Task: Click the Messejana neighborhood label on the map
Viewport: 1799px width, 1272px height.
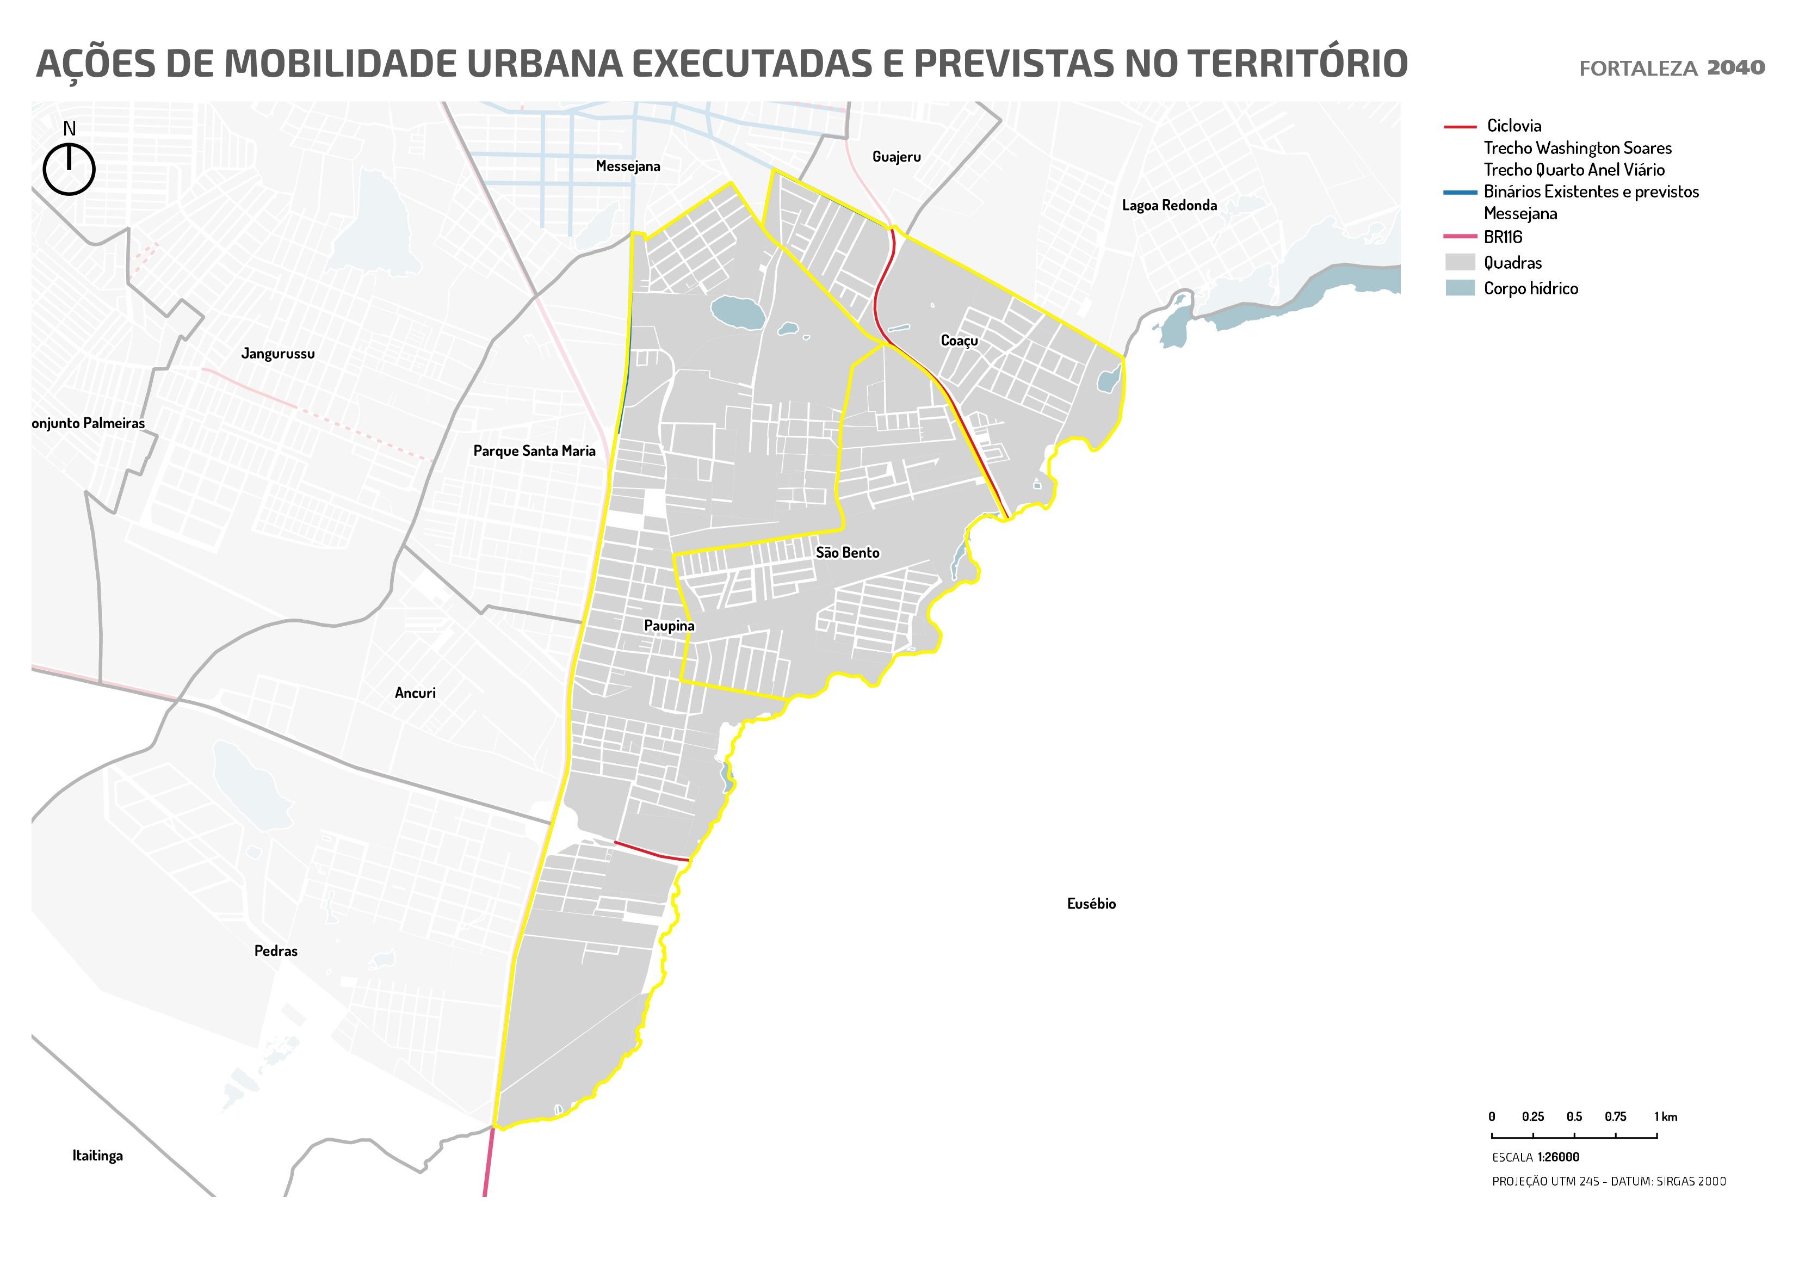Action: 628,166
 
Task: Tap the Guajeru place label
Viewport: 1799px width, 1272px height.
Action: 897,157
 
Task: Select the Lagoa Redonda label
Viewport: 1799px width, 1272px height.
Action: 1169,205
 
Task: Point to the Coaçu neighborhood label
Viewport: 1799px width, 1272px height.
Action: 959,341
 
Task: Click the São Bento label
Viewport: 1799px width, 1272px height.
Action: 847,553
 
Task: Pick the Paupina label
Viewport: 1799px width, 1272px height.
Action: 669,626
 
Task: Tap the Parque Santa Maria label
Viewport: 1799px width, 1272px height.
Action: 534,450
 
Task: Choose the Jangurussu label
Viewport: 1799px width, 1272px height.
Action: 277,354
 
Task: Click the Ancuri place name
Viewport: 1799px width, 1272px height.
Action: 415,693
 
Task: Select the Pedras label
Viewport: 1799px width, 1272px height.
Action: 276,950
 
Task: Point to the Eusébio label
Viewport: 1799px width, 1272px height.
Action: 1091,904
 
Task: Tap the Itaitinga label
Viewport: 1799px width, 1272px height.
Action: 97,1155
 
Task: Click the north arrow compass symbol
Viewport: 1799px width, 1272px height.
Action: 69,168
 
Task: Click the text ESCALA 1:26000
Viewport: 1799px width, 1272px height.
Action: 1535,1157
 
